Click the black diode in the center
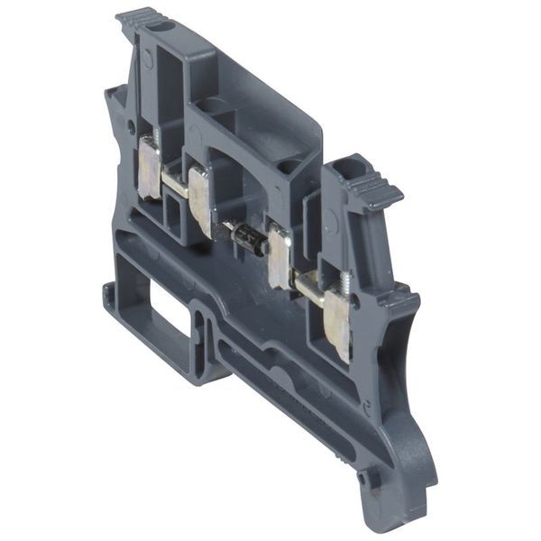point(247,239)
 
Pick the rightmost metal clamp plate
point(336,320)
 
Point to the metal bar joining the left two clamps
point(174,185)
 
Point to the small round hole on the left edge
point(133,127)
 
